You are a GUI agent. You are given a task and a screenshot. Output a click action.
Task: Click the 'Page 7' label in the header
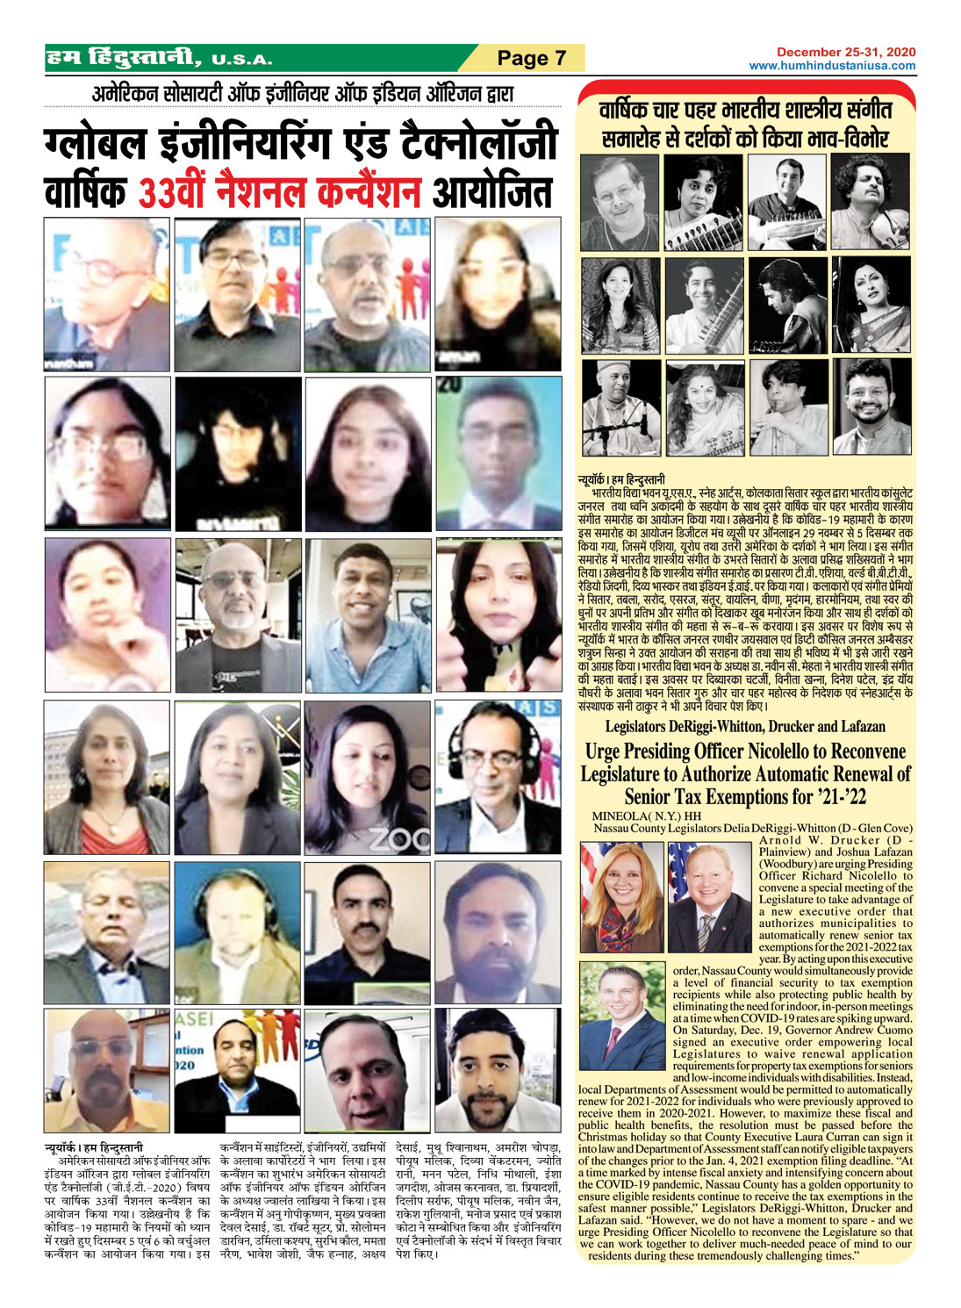tap(531, 58)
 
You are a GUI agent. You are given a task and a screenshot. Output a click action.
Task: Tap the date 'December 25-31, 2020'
tap(845, 53)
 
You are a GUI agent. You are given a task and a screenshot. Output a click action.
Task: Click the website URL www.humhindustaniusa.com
tap(832, 66)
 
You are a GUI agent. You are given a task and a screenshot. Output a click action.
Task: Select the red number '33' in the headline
tap(159, 192)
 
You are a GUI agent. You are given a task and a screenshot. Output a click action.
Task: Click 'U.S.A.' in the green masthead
tap(241, 61)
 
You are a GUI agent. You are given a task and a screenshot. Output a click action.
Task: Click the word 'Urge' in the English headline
tap(605, 751)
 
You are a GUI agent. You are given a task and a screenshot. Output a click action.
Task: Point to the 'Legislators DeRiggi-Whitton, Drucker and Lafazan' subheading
tap(745, 727)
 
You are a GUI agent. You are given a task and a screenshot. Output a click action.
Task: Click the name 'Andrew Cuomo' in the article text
tap(869, 1030)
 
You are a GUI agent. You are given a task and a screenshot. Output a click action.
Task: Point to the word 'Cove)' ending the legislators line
tap(897, 828)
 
